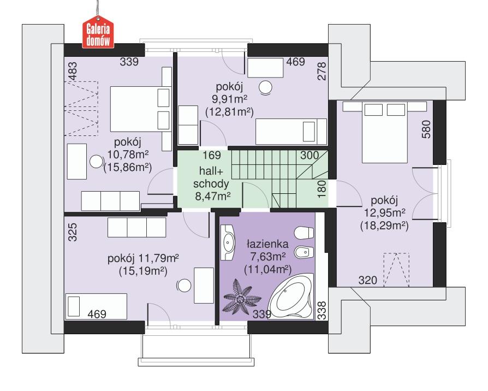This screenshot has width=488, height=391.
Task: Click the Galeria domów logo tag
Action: [97, 33]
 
